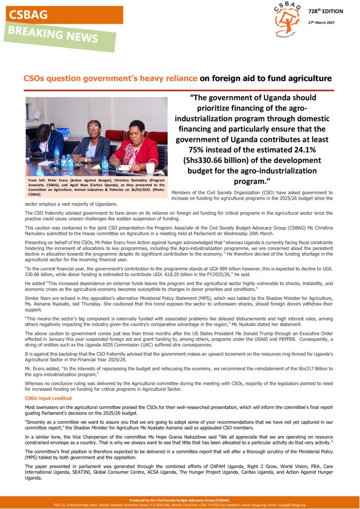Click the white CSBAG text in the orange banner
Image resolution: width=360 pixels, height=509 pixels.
point(28,15)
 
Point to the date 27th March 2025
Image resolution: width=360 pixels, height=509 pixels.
point(321,22)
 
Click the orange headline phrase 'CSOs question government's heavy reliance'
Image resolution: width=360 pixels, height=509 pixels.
point(110,79)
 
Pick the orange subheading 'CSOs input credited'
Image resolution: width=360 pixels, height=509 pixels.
point(48,398)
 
